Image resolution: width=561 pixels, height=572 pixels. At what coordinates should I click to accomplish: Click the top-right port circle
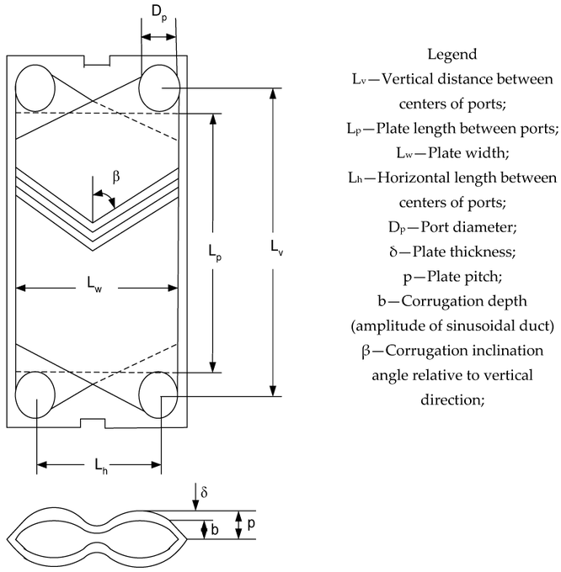[x=159, y=86]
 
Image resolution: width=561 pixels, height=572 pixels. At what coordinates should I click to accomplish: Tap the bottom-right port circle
[x=159, y=395]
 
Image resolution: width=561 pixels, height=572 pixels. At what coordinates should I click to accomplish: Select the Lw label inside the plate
[x=95, y=288]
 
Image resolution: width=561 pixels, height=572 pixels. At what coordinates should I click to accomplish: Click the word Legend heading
[x=452, y=55]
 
